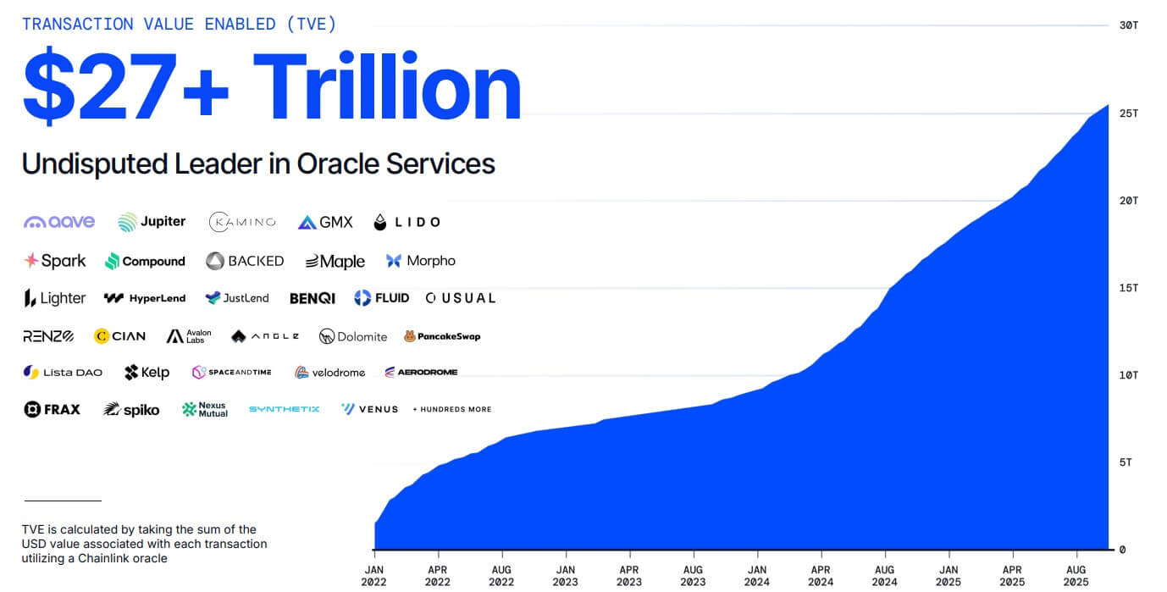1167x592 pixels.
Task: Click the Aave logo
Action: pos(59,222)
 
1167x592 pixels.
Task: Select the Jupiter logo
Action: pos(152,222)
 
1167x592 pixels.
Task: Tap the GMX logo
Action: pos(325,222)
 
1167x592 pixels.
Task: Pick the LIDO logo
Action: pos(407,222)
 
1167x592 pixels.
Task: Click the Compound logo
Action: pos(145,261)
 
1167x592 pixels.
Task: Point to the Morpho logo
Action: pos(421,261)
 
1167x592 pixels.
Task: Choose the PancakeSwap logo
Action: pos(442,336)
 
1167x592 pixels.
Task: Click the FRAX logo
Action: pos(52,409)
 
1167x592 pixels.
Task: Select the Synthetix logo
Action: pos(284,409)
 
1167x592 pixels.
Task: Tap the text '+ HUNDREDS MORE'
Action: pos(451,409)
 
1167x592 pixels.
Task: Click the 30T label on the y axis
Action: pos(1128,25)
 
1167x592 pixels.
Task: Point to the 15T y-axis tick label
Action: pos(1128,288)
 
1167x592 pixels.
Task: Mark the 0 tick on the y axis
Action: pos(1122,550)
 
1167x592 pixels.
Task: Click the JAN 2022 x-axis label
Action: pos(374,576)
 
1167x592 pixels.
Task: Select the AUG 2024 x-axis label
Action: pos(884,576)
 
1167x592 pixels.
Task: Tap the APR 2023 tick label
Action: pos(629,576)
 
